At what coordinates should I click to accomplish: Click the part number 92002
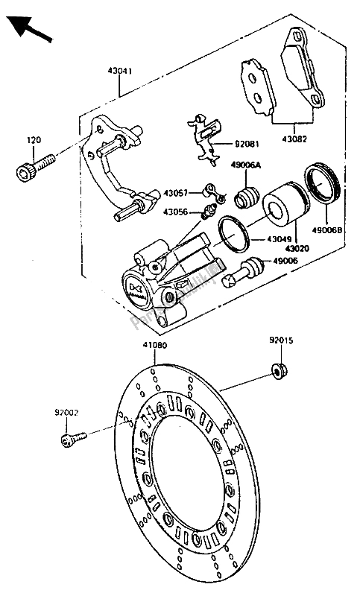[x=66, y=410]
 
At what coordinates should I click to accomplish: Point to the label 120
[x=34, y=140]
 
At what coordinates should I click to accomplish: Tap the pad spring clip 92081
[x=203, y=138]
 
